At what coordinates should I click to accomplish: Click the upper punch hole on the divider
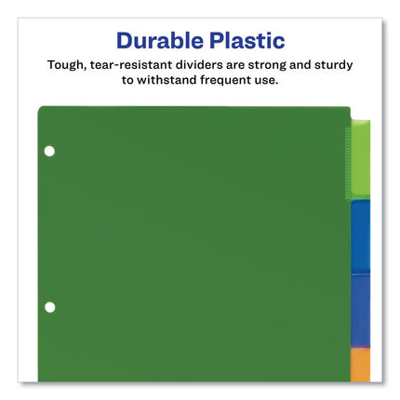point(50,151)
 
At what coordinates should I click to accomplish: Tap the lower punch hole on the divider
point(50,307)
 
